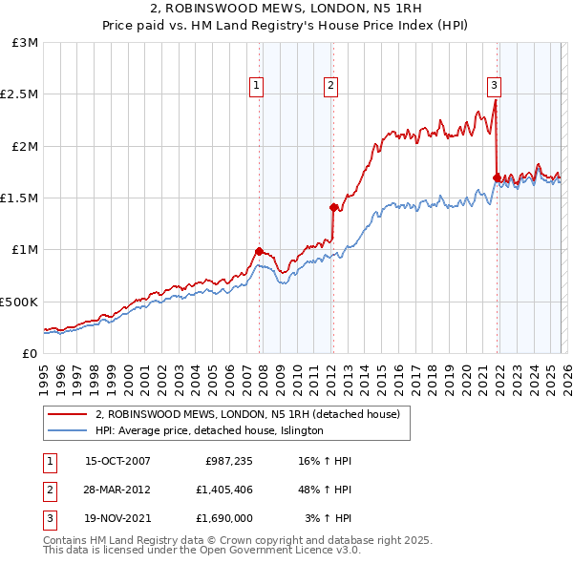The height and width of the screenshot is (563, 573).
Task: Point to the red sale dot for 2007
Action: tap(259, 251)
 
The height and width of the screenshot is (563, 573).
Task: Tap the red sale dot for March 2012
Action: tap(333, 207)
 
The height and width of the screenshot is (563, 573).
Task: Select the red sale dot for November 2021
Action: tap(497, 177)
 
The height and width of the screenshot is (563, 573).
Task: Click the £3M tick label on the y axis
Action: tap(26, 43)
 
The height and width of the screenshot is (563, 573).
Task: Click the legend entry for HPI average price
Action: tap(209, 430)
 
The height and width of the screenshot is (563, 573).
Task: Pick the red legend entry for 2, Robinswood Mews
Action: tap(253, 414)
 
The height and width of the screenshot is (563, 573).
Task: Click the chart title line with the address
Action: tap(286, 10)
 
